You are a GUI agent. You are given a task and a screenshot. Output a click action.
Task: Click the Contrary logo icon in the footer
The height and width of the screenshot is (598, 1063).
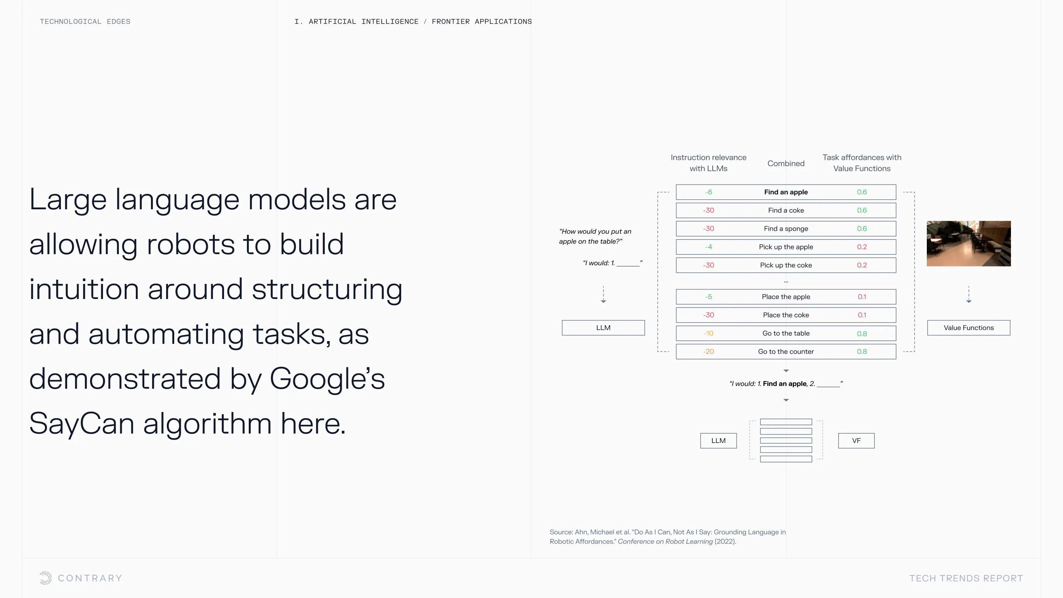coord(45,578)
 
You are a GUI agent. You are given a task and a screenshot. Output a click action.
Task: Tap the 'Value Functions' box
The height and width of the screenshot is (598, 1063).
coord(969,328)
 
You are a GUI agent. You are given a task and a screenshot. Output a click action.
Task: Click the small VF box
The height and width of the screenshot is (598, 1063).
coord(856,441)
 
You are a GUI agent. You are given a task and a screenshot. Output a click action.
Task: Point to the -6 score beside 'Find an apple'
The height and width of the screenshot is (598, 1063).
coord(709,192)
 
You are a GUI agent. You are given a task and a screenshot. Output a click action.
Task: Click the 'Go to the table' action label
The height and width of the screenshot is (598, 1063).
coord(786,333)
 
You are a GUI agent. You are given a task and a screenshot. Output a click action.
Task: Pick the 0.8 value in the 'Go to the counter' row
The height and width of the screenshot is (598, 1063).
coord(861,352)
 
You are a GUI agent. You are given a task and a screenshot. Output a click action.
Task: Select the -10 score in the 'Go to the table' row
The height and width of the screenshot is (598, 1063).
coord(709,333)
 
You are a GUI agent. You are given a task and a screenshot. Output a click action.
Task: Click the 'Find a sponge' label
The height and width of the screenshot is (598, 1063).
coord(786,228)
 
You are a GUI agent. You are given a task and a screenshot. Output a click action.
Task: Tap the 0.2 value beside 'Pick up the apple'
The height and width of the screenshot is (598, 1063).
coord(861,247)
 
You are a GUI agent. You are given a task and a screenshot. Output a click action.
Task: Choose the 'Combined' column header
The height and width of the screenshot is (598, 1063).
coord(786,164)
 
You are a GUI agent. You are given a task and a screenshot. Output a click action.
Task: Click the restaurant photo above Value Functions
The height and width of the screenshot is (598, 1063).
coord(969,244)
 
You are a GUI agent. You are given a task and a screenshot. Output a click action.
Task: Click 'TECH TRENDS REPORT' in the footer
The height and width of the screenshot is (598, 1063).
coord(966,578)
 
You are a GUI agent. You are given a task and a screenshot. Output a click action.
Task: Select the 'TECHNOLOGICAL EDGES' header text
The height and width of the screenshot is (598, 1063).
coord(85,21)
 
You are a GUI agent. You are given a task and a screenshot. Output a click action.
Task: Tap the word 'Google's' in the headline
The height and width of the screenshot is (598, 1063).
coord(327,378)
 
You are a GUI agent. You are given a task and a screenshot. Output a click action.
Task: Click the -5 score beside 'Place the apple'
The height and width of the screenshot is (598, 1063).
coord(709,297)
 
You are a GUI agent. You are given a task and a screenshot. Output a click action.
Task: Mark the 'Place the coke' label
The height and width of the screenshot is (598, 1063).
coord(786,315)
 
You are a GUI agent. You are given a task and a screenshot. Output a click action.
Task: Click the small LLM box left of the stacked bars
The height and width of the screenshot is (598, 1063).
coord(718,441)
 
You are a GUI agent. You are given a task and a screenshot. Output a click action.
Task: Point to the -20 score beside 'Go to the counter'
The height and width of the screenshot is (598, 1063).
coord(709,352)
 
